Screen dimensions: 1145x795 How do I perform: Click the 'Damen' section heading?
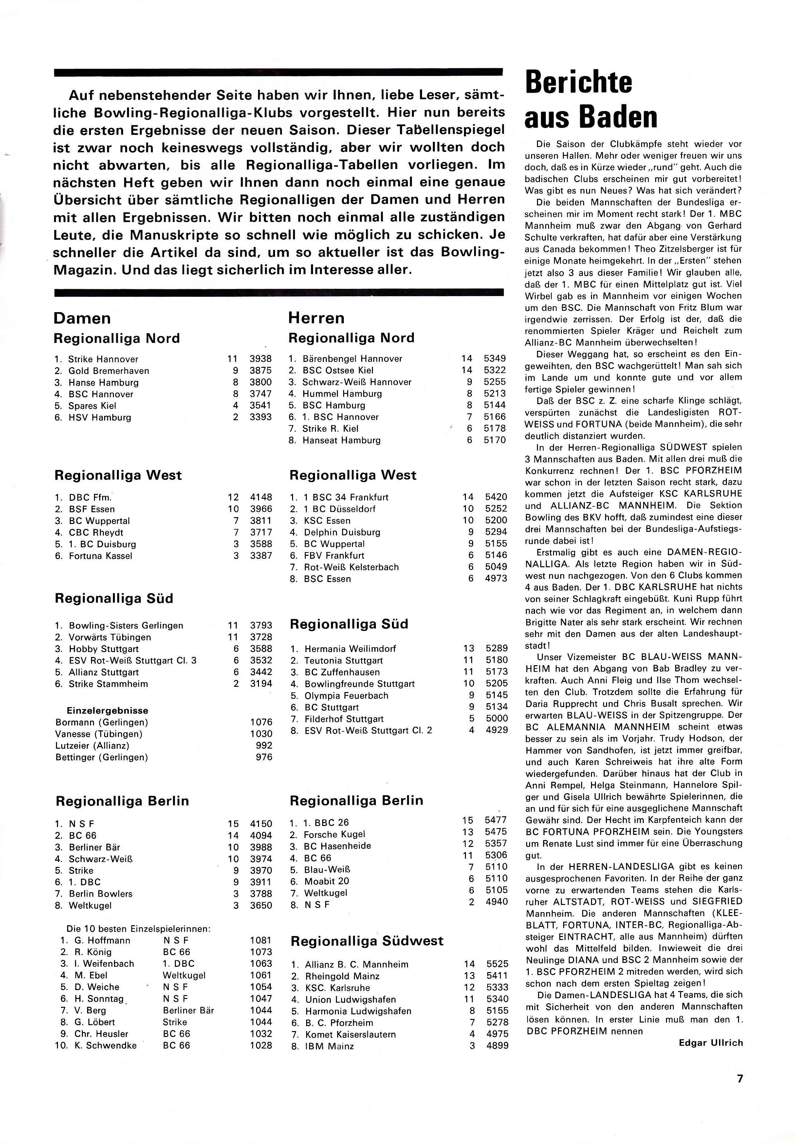click(x=82, y=318)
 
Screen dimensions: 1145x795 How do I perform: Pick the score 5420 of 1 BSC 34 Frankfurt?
click(x=496, y=497)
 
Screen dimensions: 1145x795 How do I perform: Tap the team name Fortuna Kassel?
click(x=101, y=555)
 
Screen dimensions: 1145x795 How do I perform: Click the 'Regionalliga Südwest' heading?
click(x=367, y=941)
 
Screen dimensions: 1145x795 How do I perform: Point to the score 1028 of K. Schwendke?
click(x=261, y=1045)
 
